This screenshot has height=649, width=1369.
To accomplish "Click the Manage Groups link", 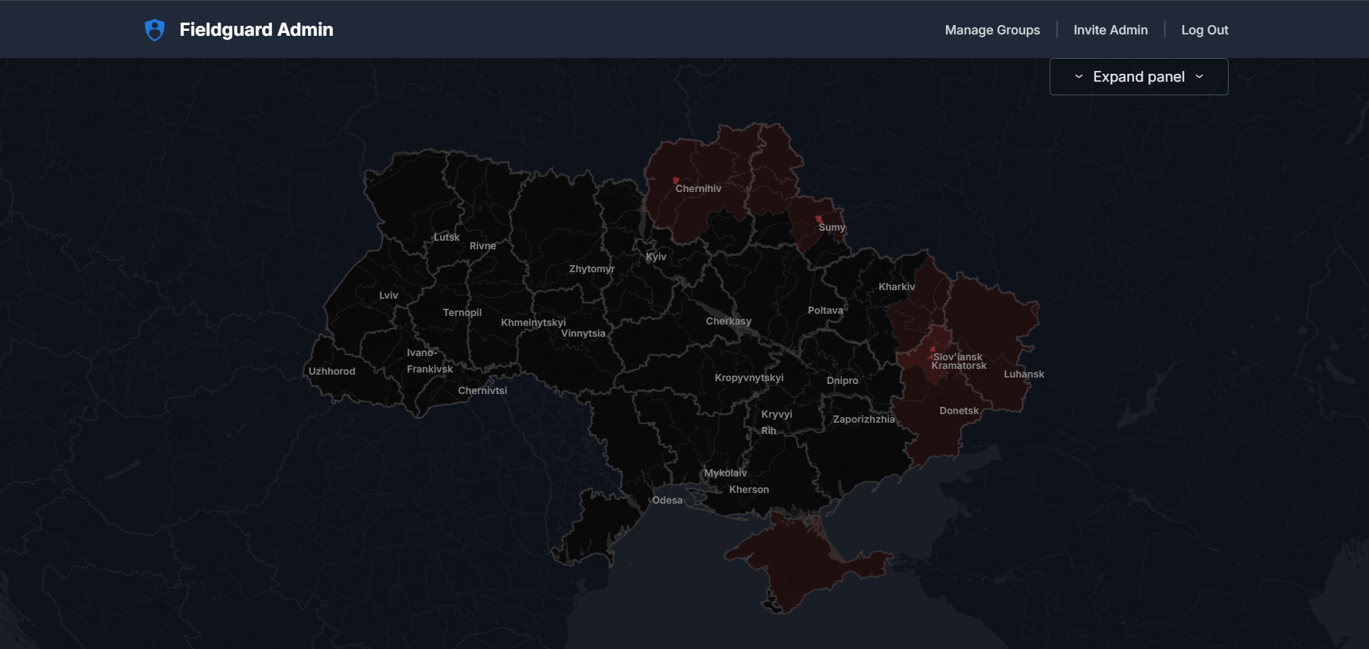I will point(992,30).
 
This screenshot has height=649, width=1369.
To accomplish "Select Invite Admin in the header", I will point(1110,30).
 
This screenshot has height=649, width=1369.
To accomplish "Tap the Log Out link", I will point(1204,30).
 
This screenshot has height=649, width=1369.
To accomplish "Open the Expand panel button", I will point(1138,77).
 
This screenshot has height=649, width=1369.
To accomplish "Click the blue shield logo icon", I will point(155,30).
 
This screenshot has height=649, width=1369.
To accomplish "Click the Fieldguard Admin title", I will point(256,30).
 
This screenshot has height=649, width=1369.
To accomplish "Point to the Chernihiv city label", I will point(698,189).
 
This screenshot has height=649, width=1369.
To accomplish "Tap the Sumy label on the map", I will point(832,228).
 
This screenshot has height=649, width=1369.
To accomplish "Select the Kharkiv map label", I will point(896,287).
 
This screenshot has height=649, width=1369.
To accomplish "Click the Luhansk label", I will point(1024,375).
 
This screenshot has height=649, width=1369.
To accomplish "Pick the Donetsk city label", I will point(959,411).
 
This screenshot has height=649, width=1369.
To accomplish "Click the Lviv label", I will point(389,296).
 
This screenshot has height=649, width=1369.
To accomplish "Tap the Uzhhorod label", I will point(332,372).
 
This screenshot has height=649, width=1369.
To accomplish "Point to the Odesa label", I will point(667,501).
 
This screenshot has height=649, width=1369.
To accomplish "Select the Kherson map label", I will point(749,490).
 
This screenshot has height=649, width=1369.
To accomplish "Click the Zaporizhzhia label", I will point(864,420).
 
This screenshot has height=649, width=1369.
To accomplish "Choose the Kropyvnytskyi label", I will point(749,378).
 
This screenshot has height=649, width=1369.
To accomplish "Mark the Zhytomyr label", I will point(591,269).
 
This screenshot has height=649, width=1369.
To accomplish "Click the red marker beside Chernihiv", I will point(675,181).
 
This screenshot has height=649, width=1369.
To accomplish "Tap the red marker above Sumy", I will point(818,218).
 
